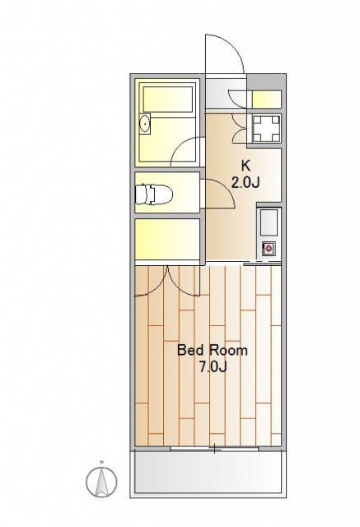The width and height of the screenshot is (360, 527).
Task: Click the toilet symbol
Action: pos(153,194)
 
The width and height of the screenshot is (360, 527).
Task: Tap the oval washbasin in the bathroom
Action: pos(145,124)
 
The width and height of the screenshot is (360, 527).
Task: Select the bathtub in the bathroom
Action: pos(168,99)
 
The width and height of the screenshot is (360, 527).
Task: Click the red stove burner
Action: pos(269,249)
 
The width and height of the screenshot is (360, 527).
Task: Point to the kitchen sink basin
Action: pos(269,222)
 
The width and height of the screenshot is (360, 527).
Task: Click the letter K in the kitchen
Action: pos(245,166)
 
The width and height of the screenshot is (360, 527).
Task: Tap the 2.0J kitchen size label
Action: pos(245,183)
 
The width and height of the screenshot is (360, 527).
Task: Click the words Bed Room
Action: pos(212,351)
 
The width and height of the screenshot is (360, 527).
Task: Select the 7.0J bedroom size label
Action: pos(213,367)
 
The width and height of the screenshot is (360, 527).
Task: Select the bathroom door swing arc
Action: pos(181,147)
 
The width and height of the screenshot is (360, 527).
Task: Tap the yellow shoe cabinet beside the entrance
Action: pos(267,99)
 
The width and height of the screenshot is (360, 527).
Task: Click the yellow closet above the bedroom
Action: pos(167,239)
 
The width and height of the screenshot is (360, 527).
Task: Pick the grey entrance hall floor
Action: pos(226,93)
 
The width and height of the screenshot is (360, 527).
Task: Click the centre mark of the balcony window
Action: pos(214,448)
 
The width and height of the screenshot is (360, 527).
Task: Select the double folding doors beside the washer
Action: pos(240,128)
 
